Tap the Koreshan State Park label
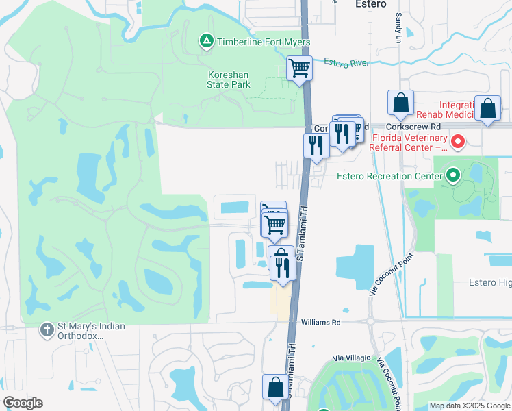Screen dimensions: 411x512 pos(229,79)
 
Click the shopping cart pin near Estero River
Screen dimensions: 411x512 pos(299,68)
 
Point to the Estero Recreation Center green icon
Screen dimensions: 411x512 pos(452,177)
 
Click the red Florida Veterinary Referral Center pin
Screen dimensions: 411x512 pos(457,142)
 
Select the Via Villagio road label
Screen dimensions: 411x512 pos(352,358)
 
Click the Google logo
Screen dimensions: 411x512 pos(23,403)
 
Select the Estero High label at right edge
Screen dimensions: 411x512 pos(489,282)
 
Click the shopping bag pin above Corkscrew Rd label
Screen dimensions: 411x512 pos(400,103)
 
